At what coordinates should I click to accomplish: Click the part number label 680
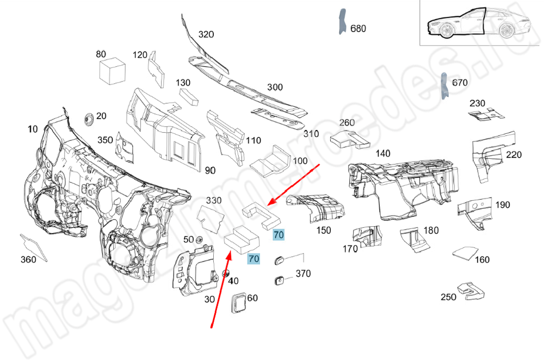358,28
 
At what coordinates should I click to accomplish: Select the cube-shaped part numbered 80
112,70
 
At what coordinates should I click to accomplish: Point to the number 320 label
206,34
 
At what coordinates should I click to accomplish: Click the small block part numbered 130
189,96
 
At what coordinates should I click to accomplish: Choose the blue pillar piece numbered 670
444,86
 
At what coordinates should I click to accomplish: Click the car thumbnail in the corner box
473,24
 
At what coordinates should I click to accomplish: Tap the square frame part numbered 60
239,303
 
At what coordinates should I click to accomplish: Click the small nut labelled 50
199,240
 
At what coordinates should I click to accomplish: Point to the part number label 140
382,154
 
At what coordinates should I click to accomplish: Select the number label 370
303,274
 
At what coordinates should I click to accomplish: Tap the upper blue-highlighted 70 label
279,235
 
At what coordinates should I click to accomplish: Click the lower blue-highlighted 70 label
254,259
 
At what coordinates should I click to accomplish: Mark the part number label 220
514,154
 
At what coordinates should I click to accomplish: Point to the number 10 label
33,129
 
